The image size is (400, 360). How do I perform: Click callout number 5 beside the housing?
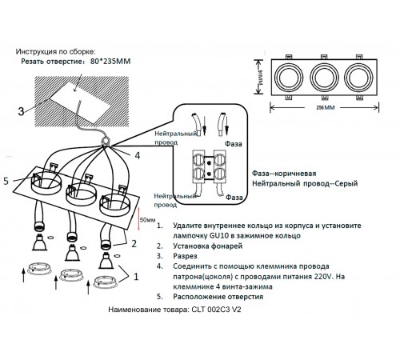click(x=7, y=181)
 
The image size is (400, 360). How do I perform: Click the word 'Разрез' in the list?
click(x=185, y=257)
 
